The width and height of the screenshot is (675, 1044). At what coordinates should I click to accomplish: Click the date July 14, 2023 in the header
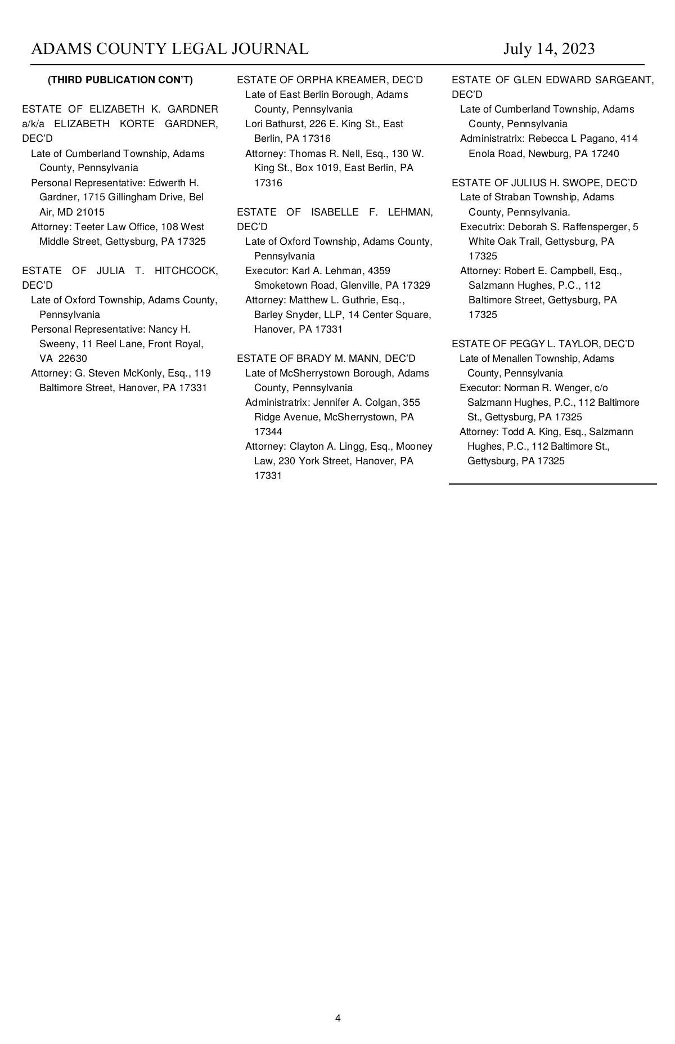coord(548,49)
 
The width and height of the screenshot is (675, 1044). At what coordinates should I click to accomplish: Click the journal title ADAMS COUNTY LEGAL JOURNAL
coord(170,49)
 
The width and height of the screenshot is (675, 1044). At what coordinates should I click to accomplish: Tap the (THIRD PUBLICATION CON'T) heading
coord(120,80)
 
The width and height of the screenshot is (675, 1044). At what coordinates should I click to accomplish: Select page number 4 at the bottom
coord(337,1018)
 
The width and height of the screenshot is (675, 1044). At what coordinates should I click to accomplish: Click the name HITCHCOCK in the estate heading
coord(186,271)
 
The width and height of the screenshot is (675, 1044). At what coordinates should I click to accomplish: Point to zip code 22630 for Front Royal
coord(73,359)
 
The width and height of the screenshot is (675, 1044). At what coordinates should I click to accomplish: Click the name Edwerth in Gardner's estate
coord(166,183)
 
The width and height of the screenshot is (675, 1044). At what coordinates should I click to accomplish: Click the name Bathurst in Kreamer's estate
coord(287,124)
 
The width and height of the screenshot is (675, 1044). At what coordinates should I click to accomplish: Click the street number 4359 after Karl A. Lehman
coord(379,271)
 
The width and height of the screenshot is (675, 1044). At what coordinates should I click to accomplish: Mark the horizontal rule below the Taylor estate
coord(552,483)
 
